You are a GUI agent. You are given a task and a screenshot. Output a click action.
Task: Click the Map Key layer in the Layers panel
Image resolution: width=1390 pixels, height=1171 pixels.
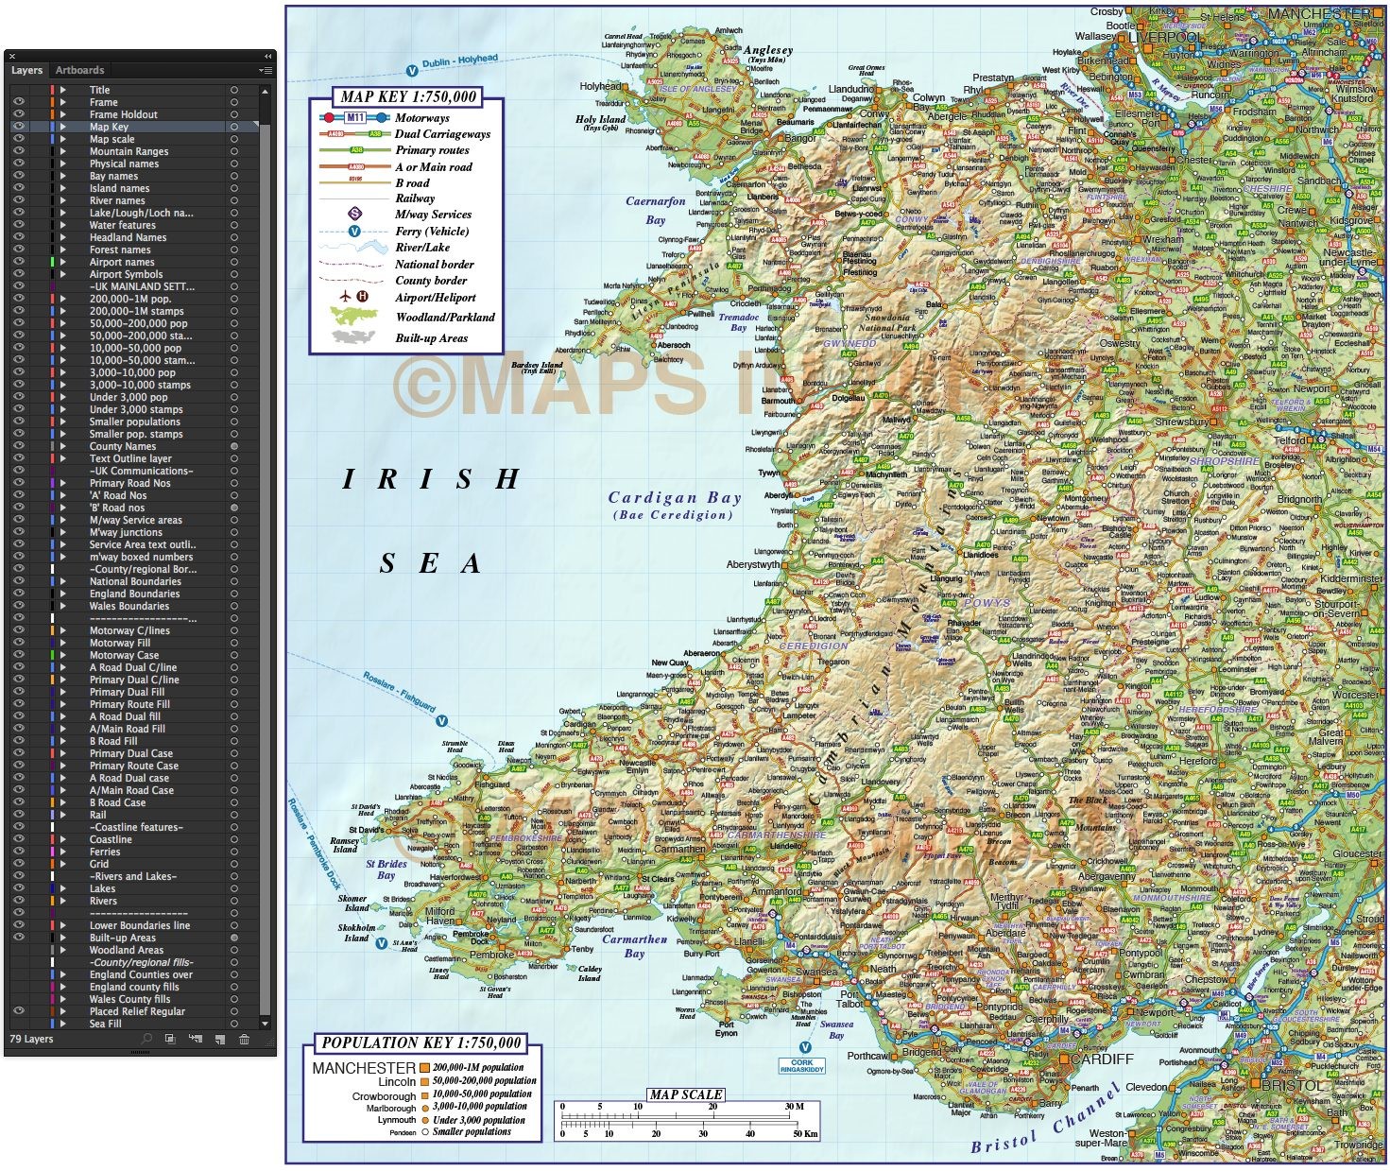[x=109, y=127]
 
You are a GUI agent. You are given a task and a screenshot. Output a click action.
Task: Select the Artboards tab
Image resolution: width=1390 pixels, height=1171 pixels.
[x=79, y=70]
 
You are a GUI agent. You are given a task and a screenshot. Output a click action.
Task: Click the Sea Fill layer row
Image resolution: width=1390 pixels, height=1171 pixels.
[x=105, y=1024]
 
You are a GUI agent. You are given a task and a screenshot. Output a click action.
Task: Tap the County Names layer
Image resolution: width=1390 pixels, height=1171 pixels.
[x=123, y=446]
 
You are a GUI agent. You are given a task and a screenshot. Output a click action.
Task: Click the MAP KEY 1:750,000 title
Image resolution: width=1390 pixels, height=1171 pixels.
[x=408, y=96]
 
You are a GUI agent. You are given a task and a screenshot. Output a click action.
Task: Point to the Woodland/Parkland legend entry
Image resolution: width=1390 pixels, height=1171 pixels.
[x=444, y=318]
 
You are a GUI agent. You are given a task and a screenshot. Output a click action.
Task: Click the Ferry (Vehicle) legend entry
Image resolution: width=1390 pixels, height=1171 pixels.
[x=431, y=231]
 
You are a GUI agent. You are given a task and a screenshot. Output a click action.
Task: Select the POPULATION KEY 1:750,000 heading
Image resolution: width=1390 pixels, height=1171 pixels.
[x=421, y=1043]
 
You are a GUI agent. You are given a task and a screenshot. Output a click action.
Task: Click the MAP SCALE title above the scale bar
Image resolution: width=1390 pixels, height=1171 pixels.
[x=686, y=1094]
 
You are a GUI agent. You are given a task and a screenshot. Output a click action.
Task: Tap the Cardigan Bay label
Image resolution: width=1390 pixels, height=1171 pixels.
[x=675, y=498]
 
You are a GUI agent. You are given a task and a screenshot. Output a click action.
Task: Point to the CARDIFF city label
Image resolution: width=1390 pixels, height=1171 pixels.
[x=1102, y=1059]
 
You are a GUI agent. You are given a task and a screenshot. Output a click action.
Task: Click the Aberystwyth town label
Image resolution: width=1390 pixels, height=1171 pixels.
[x=753, y=564]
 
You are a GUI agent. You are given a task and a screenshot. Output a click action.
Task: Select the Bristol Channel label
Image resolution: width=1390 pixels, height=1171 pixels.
[x=1045, y=1124]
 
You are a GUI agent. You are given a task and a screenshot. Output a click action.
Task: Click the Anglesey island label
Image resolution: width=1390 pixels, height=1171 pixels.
[x=768, y=50]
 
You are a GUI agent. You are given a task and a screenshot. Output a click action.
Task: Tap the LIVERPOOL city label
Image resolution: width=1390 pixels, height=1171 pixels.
[x=1163, y=37]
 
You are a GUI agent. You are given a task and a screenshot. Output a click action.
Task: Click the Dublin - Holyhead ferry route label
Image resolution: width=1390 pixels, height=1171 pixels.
[x=459, y=61]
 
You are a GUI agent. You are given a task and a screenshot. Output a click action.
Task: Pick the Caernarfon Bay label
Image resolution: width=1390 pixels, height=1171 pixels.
[x=656, y=210]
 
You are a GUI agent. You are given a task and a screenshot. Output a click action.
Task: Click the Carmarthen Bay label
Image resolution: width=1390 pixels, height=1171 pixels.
[x=634, y=946]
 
